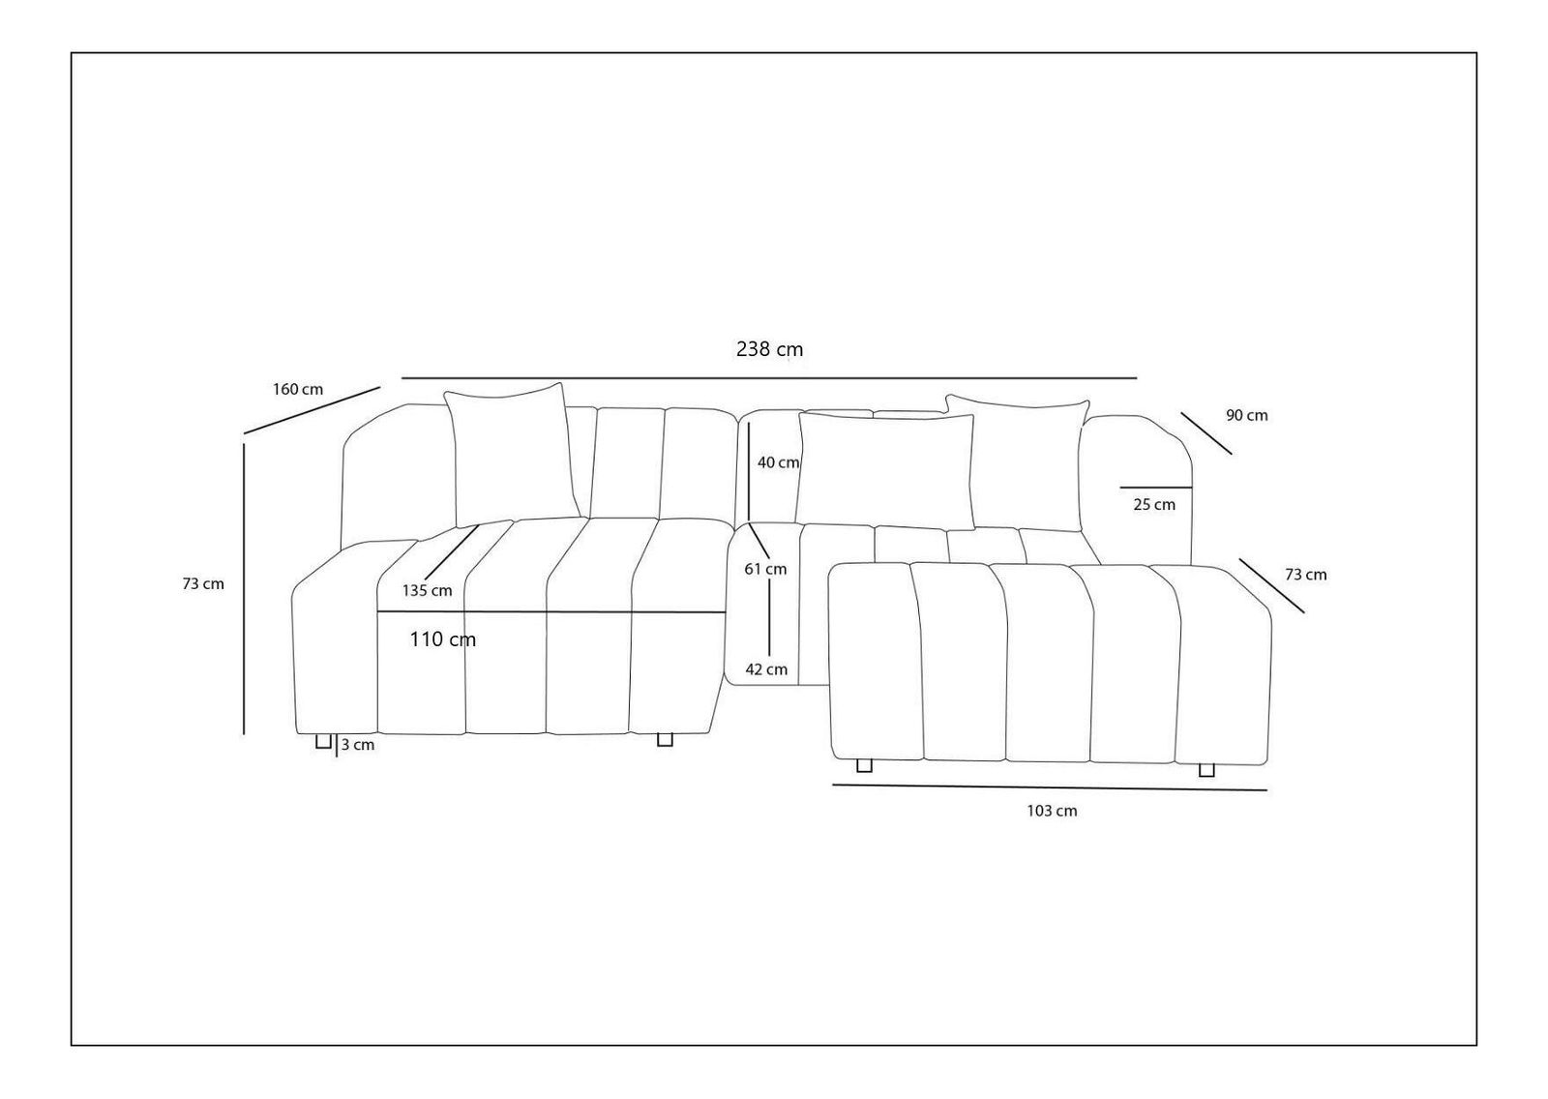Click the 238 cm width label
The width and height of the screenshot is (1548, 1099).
click(769, 349)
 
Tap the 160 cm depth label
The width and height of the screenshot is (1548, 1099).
click(298, 390)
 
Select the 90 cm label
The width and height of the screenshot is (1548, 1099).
click(1246, 416)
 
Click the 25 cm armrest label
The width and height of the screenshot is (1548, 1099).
click(1154, 505)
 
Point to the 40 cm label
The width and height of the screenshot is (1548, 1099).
click(778, 463)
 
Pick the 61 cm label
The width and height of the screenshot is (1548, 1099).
click(765, 569)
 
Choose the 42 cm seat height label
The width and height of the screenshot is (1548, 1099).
click(766, 669)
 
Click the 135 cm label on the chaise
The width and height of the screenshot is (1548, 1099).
click(428, 591)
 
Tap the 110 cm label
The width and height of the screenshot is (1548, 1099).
click(443, 639)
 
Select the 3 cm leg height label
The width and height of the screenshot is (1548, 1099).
click(358, 745)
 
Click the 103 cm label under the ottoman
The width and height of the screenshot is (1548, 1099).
click(1052, 811)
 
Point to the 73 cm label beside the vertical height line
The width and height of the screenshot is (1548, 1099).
click(203, 584)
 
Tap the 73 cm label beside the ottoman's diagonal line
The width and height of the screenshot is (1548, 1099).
click(1305, 575)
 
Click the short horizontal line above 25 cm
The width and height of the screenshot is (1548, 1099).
click(1155, 488)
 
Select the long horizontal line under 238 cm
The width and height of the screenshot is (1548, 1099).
click(769, 377)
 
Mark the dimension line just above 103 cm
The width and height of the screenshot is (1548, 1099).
click(1050, 787)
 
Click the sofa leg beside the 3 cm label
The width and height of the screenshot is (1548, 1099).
click(323, 742)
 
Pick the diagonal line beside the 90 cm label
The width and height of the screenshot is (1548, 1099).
click(1206, 433)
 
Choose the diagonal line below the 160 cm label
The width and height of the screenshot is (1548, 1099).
click(312, 411)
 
